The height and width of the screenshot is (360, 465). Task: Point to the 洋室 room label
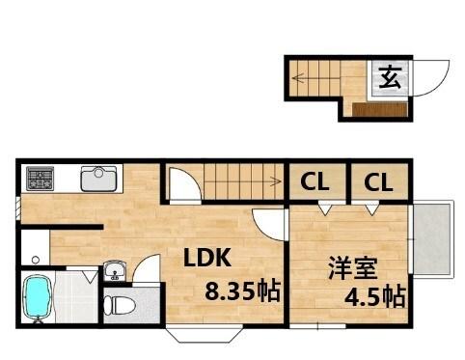(346, 267)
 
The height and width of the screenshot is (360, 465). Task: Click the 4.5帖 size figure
(374, 296)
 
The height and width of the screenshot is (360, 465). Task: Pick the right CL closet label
(378, 180)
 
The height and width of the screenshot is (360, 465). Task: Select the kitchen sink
(98, 179)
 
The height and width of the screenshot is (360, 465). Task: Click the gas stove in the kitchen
(41, 178)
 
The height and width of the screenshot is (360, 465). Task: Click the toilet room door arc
(146, 267)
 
